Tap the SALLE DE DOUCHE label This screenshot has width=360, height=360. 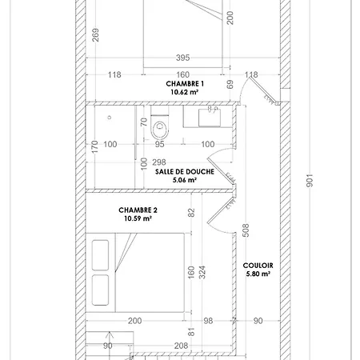(185, 171)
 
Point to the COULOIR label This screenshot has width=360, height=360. (258, 266)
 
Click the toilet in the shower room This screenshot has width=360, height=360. (160, 123)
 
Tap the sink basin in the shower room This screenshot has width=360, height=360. (210, 118)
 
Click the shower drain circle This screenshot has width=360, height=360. (109, 118)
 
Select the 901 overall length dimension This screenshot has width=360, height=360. (310, 181)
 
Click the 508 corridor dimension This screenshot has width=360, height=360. (246, 230)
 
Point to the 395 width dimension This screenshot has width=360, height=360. (183, 58)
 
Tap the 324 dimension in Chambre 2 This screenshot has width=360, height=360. (202, 272)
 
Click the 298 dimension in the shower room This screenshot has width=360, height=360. (159, 162)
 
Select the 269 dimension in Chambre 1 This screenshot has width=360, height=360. (95, 35)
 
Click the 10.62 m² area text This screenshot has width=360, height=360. (184, 92)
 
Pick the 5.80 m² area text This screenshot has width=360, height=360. (258, 274)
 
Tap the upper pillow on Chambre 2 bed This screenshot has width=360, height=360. (100, 255)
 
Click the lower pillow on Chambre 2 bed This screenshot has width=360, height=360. (100, 290)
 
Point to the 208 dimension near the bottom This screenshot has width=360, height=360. (181, 346)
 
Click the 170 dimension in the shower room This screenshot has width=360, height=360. (94, 147)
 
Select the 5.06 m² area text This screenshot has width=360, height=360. (185, 180)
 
